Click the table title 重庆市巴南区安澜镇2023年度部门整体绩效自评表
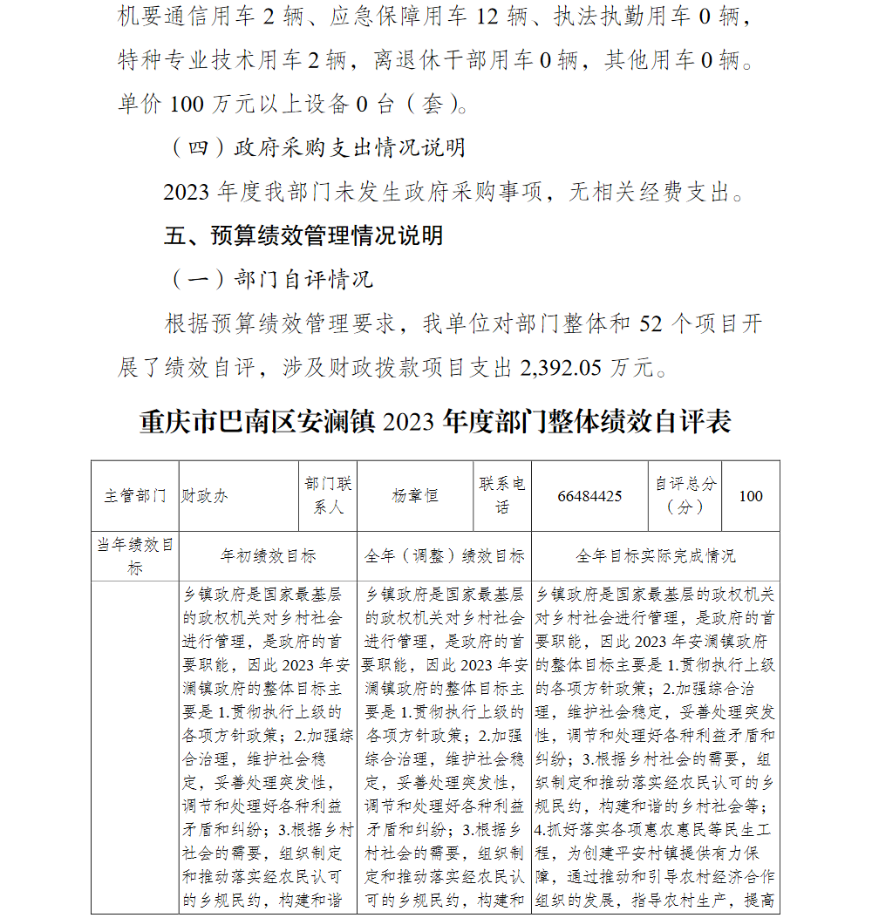click(435, 422)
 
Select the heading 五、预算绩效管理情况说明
click(303, 235)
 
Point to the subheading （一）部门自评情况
click(271, 279)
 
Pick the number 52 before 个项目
click(651, 324)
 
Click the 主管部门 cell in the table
click(135, 496)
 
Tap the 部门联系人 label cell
click(329, 495)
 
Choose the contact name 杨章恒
click(415, 496)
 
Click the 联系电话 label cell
click(502, 495)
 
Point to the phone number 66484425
click(590, 496)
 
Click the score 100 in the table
click(750, 496)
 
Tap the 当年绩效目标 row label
click(135, 556)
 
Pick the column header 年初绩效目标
click(268, 556)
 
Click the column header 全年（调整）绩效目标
click(444, 556)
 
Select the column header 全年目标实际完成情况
click(655, 556)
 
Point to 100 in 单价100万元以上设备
click(187, 105)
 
